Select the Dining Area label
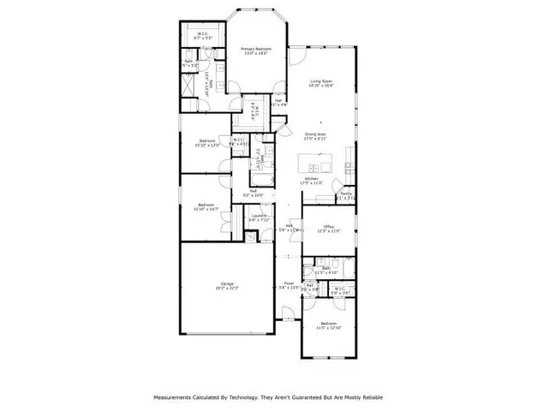(x=315, y=134)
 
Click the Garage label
(x=227, y=284)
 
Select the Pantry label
(x=346, y=195)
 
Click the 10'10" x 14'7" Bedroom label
(x=206, y=205)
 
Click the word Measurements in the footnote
(x=176, y=397)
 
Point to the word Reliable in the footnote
(x=367, y=397)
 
